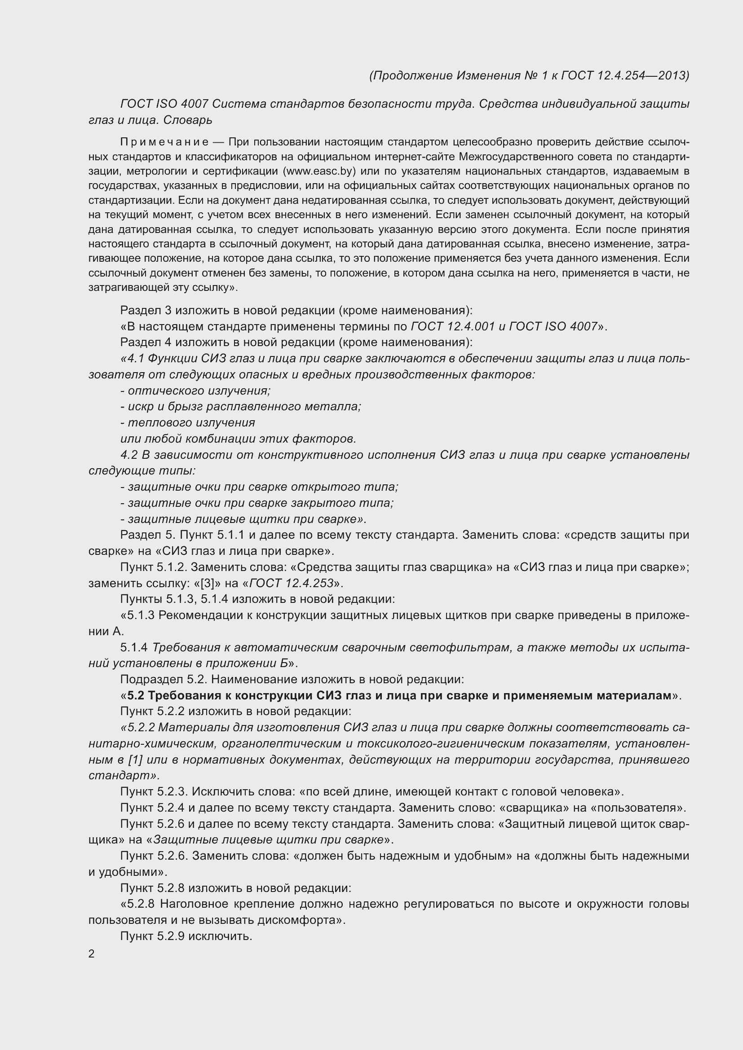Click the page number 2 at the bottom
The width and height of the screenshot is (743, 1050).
(x=92, y=954)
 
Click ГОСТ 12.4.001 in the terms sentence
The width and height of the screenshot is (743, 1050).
(x=453, y=326)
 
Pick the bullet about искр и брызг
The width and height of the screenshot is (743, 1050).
(x=241, y=407)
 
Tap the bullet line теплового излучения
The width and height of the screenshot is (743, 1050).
(x=188, y=422)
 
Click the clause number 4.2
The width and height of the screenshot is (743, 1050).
(x=129, y=455)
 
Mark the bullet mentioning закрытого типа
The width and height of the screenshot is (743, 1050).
(x=257, y=503)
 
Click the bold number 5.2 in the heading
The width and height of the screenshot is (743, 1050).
(x=136, y=695)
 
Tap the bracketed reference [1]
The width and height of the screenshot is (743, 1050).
(x=135, y=760)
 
